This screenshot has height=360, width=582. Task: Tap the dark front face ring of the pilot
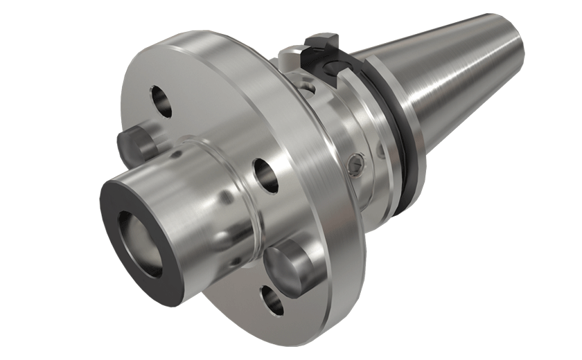115,208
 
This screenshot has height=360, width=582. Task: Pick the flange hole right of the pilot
265,174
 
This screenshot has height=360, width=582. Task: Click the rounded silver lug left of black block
289,56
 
